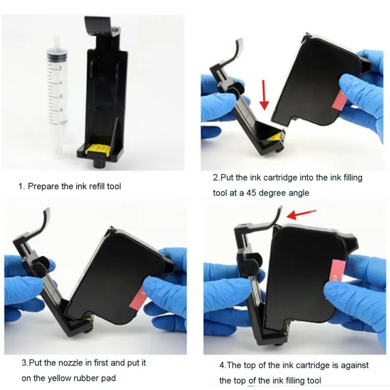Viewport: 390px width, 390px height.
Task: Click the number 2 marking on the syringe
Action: click(x=61, y=68)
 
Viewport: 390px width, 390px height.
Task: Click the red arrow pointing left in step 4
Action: click(x=301, y=214)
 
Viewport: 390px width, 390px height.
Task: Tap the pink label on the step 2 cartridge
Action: click(x=340, y=100)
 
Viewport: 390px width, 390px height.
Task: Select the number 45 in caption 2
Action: click(x=251, y=193)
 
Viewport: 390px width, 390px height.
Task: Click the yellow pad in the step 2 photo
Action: click(x=277, y=137)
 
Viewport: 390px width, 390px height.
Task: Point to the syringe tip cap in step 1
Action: click(x=57, y=41)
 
